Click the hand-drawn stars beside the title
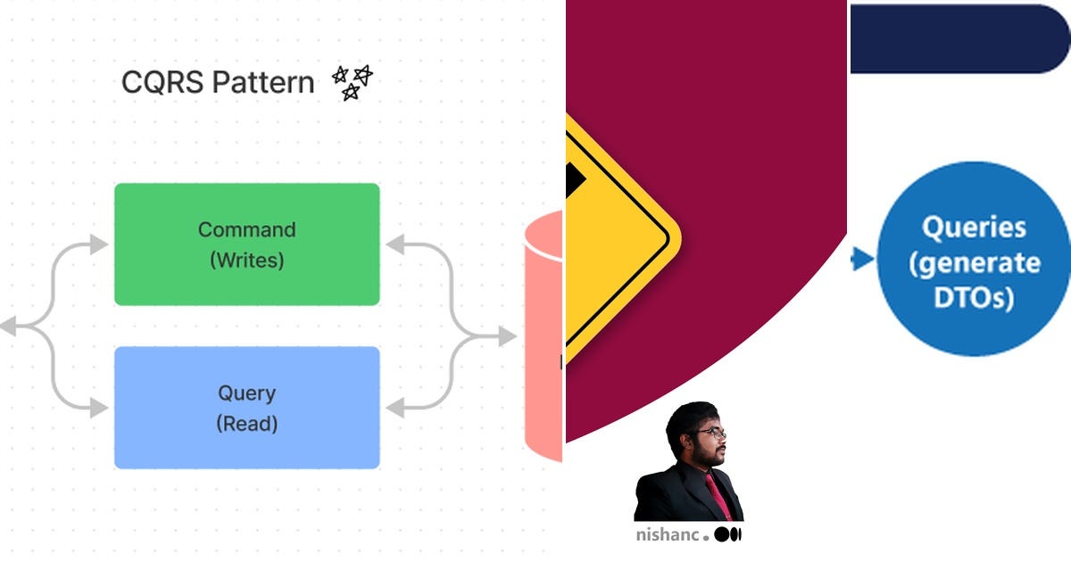click(x=352, y=82)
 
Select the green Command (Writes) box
click(x=246, y=244)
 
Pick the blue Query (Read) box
click(x=246, y=408)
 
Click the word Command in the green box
click(x=246, y=229)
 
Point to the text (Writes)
click(x=246, y=260)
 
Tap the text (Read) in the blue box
click(x=246, y=424)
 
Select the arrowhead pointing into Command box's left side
click(x=100, y=244)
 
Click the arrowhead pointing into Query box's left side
click(x=100, y=408)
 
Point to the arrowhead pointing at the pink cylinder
click(x=508, y=336)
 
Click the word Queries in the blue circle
click(x=974, y=227)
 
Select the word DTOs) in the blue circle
click(x=974, y=298)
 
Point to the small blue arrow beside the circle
click(x=861, y=260)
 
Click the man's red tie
click(x=719, y=496)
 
